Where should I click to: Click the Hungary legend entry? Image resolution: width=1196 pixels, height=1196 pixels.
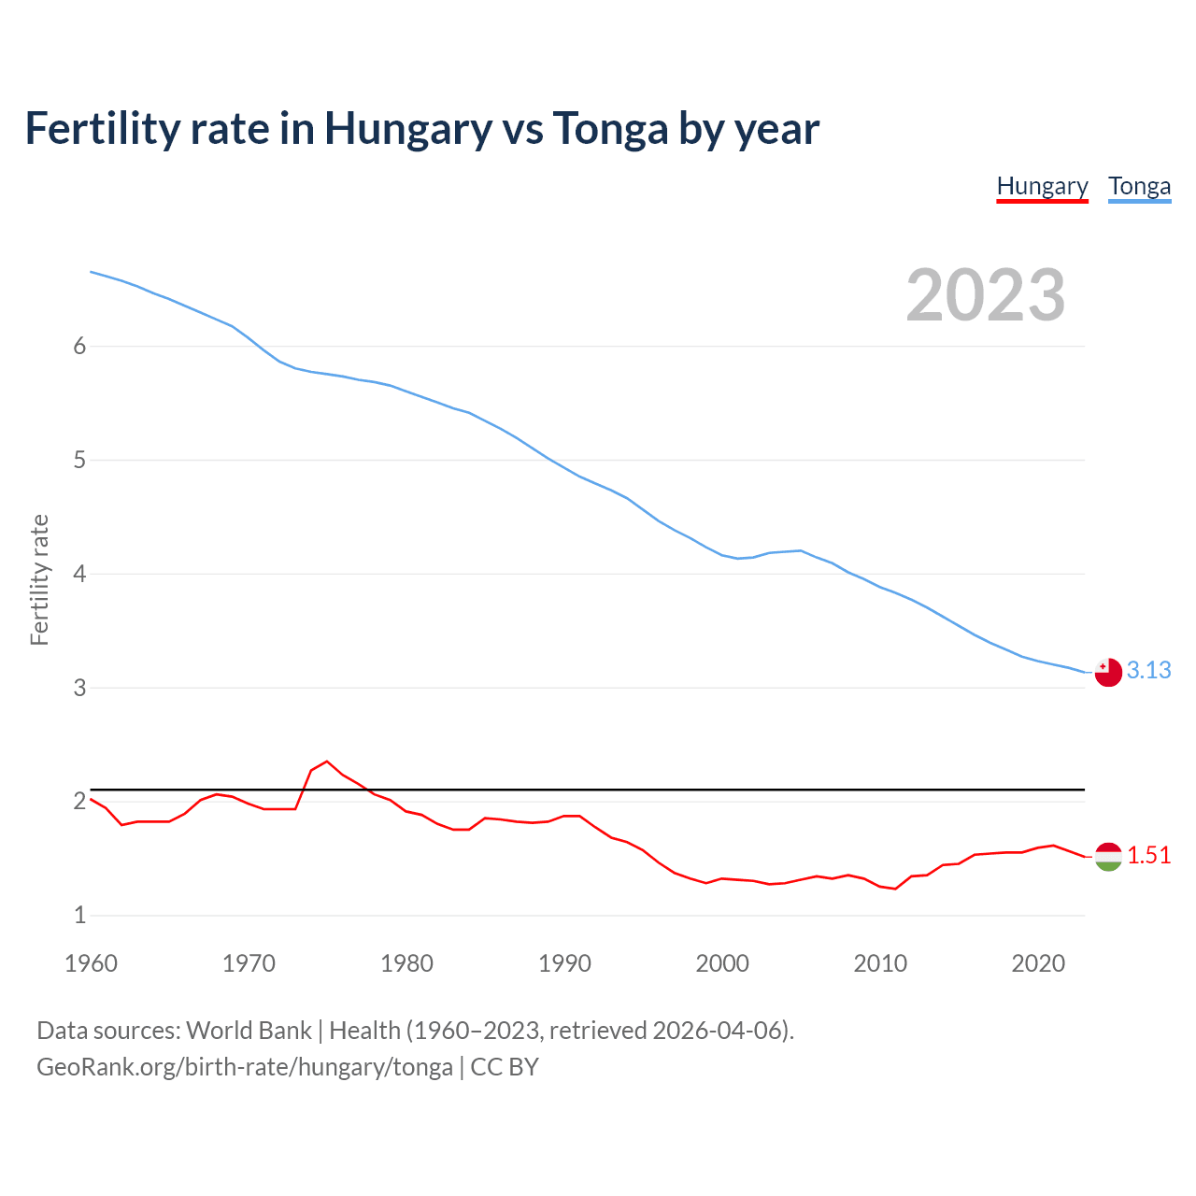tap(1042, 186)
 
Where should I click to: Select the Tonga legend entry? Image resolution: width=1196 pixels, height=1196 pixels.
tap(1139, 186)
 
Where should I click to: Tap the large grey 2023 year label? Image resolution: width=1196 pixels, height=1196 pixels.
tap(986, 295)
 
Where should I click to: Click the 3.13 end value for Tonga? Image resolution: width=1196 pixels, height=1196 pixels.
tap(1148, 670)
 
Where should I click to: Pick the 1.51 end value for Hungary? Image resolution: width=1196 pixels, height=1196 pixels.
tap(1148, 855)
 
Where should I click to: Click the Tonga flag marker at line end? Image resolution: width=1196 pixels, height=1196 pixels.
tap(1108, 672)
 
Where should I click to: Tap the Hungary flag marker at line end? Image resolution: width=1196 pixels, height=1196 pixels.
tap(1108, 856)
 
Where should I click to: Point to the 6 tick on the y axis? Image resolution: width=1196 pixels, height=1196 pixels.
tap(79, 347)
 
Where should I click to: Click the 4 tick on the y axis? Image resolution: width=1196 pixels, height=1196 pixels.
tap(79, 574)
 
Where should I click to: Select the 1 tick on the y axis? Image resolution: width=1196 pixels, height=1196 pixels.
tap(79, 916)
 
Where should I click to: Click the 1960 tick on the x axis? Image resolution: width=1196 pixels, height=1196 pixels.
tap(91, 963)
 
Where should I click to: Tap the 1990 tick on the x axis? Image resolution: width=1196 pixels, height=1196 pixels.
tap(564, 963)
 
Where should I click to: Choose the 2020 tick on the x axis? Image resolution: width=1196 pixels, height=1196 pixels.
tap(1038, 963)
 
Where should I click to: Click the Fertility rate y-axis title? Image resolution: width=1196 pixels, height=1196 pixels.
tap(39, 579)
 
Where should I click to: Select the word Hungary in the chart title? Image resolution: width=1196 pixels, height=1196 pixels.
tap(407, 128)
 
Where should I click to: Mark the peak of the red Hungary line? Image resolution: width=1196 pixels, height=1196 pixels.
tap(326, 762)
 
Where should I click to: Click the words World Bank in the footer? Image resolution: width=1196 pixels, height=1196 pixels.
tap(249, 1031)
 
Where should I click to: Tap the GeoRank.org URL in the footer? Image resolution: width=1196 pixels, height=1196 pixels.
tap(244, 1067)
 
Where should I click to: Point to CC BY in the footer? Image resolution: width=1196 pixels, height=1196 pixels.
tap(505, 1067)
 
